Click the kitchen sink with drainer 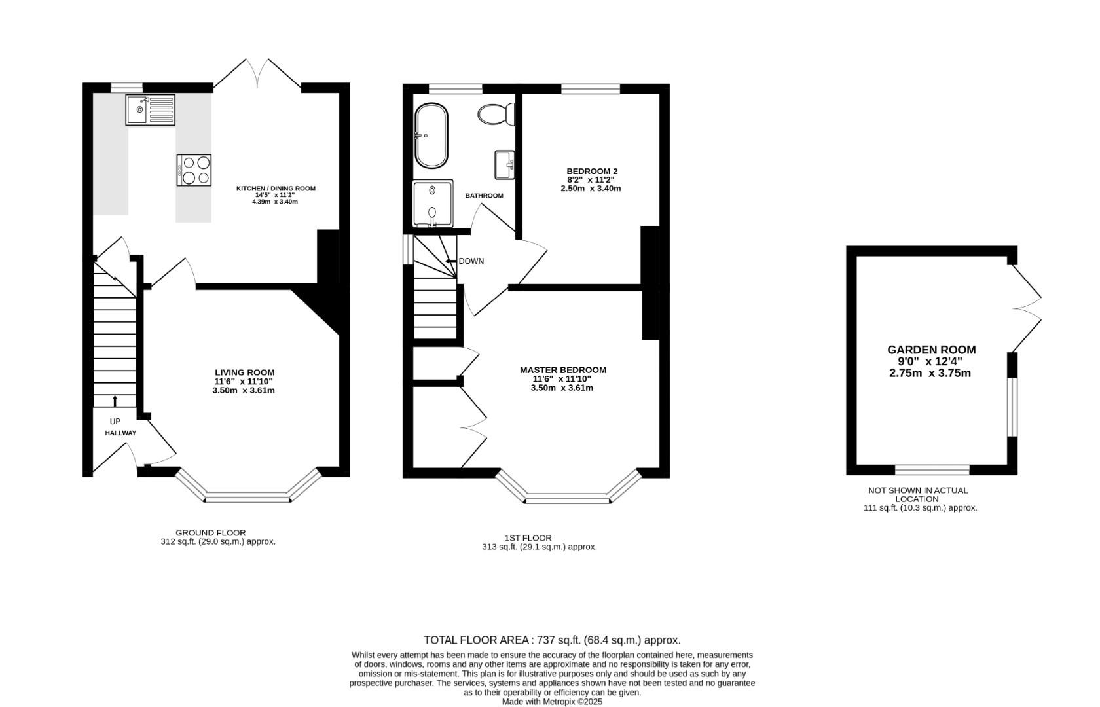tap(151, 109)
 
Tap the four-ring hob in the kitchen tap(194, 170)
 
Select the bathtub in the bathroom tap(431, 136)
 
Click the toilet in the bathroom tap(497, 115)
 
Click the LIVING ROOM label tap(244, 372)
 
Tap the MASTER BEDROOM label tap(563, 370)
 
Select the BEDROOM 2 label tap(592, 171)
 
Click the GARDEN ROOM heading tap(931, 350)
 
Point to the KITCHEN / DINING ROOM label tap(276, 189)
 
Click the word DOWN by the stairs tap(471, 261)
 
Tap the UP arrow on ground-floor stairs tap(115, 400)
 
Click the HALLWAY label tap(120, 433)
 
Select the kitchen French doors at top tap(257, 74)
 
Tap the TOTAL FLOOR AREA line tap(552, 640)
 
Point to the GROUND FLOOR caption tap(210, 533)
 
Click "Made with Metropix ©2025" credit tap(552, 701)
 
